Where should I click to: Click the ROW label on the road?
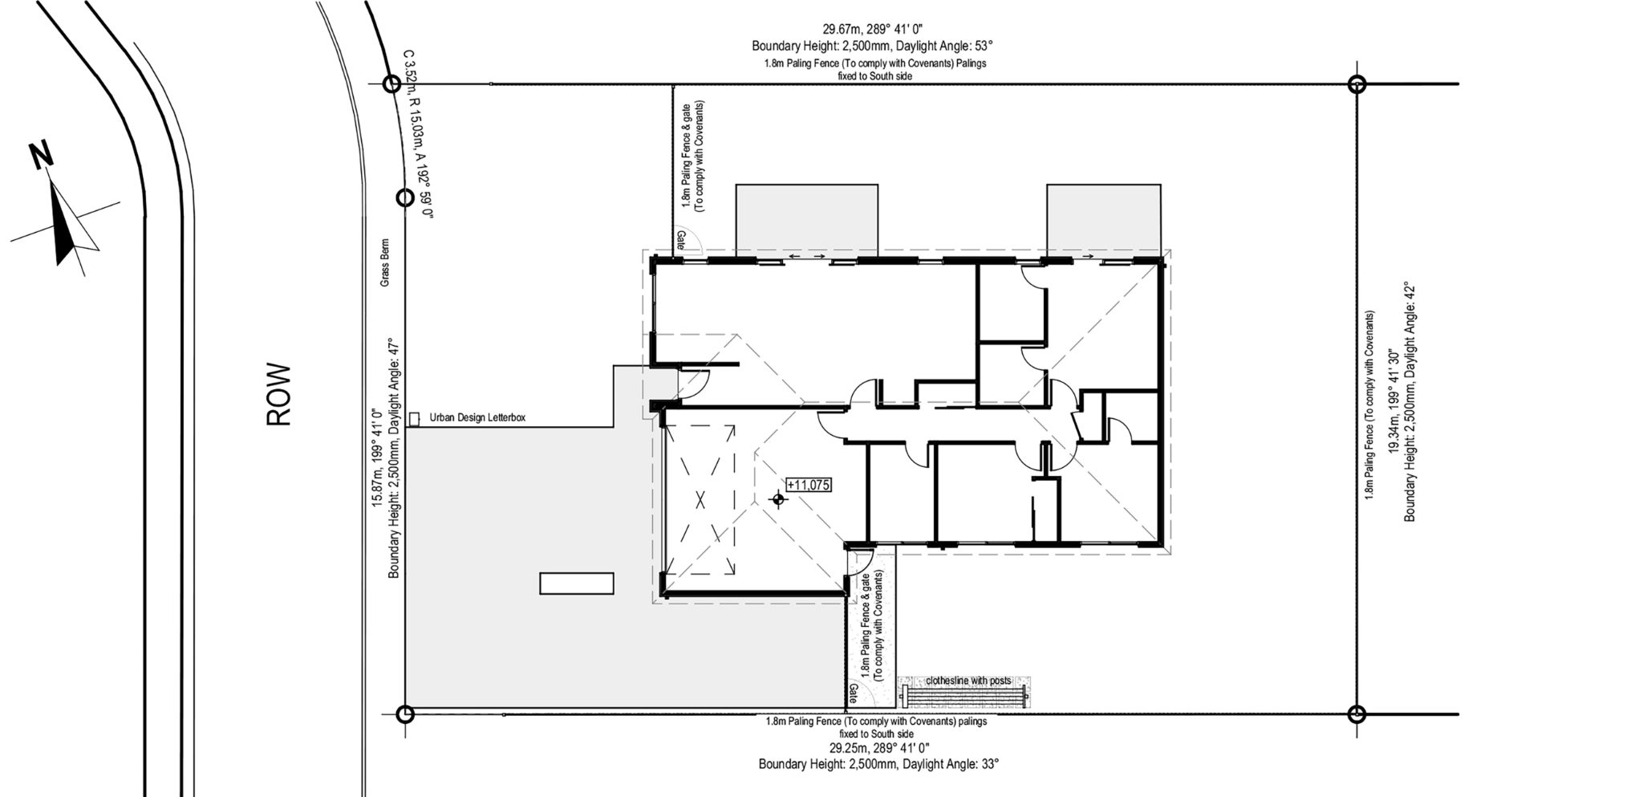(x=278, y=395)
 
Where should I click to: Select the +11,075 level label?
(x=809, y=485)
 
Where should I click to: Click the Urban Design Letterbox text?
(x=477, y=418)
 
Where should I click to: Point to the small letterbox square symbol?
(x=414, y=419)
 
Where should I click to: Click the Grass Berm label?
(x=385, y=262)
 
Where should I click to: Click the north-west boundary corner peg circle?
(x=391, y=83)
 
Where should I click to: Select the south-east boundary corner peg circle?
(x=1357, y=714)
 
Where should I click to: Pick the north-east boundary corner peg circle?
(x=1357, y=83)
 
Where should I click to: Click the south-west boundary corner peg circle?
(x=406, y=714)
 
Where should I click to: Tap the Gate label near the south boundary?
(x=853, y=691)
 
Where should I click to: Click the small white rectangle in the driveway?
(x=577, y=583)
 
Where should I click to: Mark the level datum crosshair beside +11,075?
(x=777, y=499)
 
